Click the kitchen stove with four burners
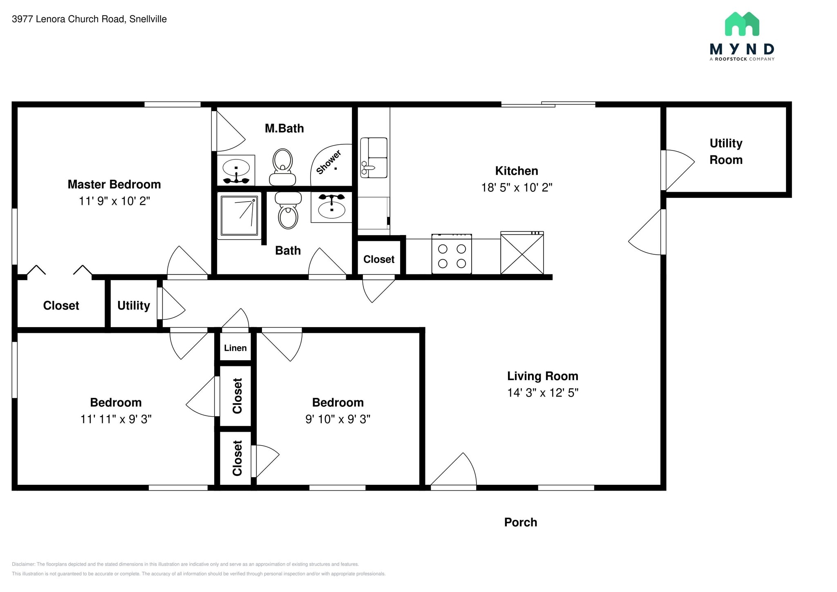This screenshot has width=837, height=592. pyautogui.click(x=452, y=254)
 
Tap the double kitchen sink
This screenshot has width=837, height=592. pyautogui.click(x=374, y=158)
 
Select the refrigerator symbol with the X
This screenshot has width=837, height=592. pyautogui.click(x=522, y=253)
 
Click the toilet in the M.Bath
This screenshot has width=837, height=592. pyautogui.click(x=282, y=167)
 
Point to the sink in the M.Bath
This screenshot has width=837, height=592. pyautogui.click(x=236, y=170)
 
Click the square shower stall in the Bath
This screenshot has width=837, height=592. pyautogui.click(x=239, y=215)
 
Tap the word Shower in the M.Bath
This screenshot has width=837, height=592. pyautogui.click(x=329, y=162)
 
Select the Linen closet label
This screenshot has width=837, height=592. pyautogui.click(x=235, y=348)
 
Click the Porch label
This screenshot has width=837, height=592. pyautogui.click(x=521, y=522)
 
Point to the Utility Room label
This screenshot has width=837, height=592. pyautogui.click(x=726, y=151)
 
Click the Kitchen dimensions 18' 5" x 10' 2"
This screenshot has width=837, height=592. pyautogui.click(x=517, y=188)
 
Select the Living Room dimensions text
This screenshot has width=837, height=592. pyautogui.click(x=543, y=393)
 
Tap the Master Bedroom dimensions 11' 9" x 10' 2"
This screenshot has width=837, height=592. pyautogui.click(x=114, y=201)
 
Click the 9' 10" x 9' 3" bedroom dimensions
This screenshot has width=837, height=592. pyautogui.click(x=338, y=419)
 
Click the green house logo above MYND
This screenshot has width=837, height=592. pyautogui.click(x=742, y=24)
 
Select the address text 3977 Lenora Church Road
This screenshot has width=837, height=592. pyautogui.click(x=68, y=19)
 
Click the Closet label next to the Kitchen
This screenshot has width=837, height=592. pyautogui.click(x=379, y=259)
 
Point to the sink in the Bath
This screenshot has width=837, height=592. pyautogui.click(x=331, y=207)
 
